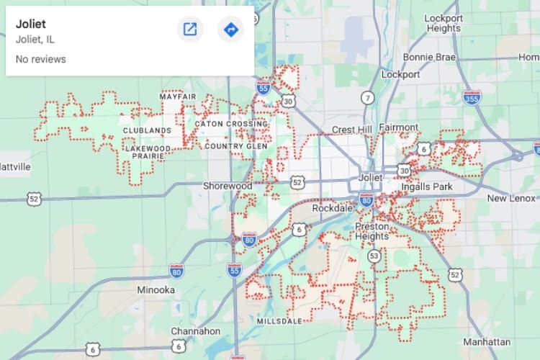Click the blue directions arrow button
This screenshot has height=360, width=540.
[x=230, y=30]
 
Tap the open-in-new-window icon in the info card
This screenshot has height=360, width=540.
[x=190, y=30]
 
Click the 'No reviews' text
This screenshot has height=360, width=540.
[x=40, y=59]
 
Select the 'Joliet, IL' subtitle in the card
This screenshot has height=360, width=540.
[x=36, y=40]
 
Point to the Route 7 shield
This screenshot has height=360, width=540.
[x=369, y=97]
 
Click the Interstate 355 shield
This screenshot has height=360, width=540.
[x=472, y=96]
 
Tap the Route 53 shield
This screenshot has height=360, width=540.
[x=374, y=256]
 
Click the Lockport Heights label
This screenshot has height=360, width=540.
[x=442, y=23]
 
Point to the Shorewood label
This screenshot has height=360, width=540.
[x=228, y=186]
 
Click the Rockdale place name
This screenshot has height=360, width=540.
[x=330, y=208]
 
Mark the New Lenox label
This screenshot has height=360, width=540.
[x=511, y=198]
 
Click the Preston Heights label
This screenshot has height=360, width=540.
[x=372, y=231]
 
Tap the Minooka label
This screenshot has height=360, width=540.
[x=156, y=290]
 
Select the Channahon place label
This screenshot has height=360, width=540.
[x=196, y=331]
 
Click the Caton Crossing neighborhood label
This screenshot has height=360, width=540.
[x=231, y=124]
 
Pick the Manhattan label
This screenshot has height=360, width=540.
[x=487, y=341]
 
